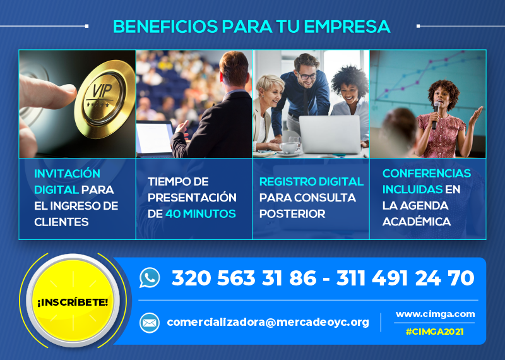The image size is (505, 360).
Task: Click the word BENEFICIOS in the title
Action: [x=165, y=27]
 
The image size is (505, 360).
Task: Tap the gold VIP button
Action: [x=105, y=99]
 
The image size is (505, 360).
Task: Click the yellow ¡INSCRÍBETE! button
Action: [x=73, y=301]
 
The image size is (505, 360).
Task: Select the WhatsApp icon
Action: [x=150, y=277]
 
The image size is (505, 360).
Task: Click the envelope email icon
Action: [x=150, y=323]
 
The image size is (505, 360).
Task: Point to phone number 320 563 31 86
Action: [x=244, y=278]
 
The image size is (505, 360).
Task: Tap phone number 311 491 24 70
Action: [x=405, y=278]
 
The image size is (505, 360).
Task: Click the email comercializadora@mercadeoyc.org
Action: [x=268, y=322]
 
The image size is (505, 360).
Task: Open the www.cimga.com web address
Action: [x=435, y=314]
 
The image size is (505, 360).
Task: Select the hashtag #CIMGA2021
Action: [x=434, y=332]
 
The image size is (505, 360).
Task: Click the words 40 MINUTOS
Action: [x=201, y=213]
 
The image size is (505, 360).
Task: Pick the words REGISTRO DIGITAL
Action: [x=311, y=181]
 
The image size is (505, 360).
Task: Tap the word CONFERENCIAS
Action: [x=427, y=174]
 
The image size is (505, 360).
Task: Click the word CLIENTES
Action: [x=61, y=222]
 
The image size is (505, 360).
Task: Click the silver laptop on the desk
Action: [x=330, y=134]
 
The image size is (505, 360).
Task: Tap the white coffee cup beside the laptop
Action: [x=288, y=148]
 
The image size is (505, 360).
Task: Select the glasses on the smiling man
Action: [x=307, y=76]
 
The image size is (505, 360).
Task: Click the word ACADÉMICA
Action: [x=416, y=222]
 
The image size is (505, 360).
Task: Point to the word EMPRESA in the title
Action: [x=347, y=27]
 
